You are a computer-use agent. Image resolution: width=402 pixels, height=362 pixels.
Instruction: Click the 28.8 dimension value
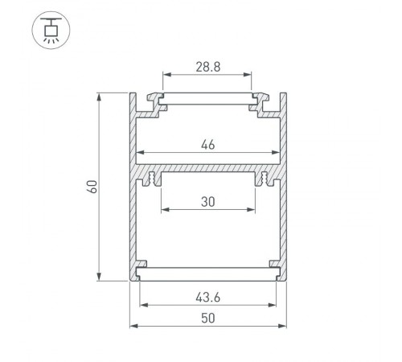207,68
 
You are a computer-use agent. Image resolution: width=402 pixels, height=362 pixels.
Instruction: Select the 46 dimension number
207,146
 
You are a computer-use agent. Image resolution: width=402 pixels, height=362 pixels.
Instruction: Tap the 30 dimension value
207,204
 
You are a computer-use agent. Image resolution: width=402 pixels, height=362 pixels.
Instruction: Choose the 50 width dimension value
207,319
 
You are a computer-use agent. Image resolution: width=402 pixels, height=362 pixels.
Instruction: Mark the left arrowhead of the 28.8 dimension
166,78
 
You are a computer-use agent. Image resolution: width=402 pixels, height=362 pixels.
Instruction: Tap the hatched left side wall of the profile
132,193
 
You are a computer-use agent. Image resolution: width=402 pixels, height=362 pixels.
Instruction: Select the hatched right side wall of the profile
285,193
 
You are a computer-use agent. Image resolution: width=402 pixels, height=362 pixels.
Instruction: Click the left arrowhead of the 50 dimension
133,326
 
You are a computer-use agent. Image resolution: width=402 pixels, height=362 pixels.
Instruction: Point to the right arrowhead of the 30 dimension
252,211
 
